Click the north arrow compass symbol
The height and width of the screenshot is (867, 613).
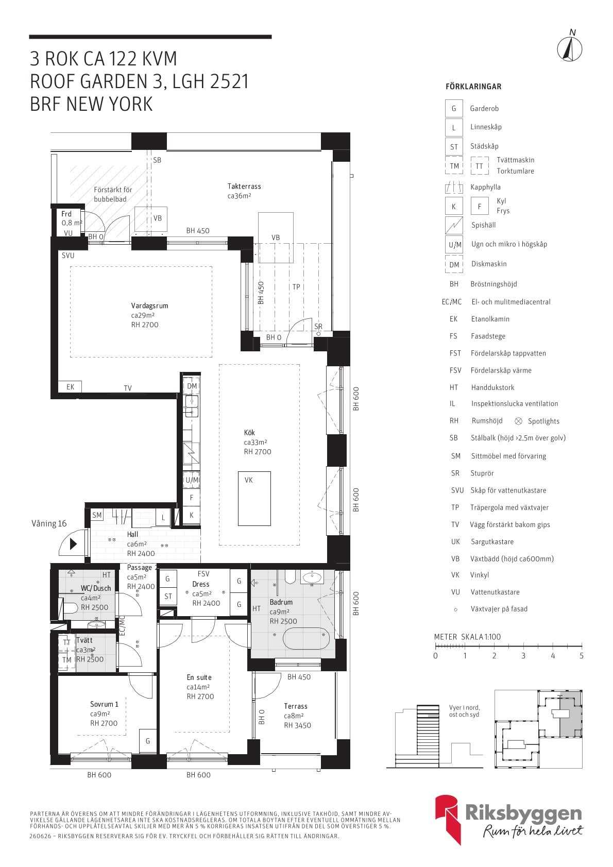pyautogui.click(x=570, y=49)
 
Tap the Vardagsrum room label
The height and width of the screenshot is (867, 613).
pyautogui.click(x=149, y=306)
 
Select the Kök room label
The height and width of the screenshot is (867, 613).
pyautogui.click(x=249, y=432)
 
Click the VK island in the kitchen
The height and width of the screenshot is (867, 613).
pyautogui.click(x=254, y=499)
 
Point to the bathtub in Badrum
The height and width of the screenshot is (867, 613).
pyautogui.click(x=306, y=638)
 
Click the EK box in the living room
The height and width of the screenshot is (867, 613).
pyautogui.click(x=70, y=387)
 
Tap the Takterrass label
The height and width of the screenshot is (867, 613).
pyautogui.click(x=244, y=186)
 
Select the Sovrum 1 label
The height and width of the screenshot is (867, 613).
pyautogui.click(x=104, y=704)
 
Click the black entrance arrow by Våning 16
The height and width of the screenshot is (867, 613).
pyautogui.click(x=73, y=544)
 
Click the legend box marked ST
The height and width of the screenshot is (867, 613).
pyautogui.click(x=454, y=147)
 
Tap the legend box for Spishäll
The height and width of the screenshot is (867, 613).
pyautogui.click(x=454, y=225)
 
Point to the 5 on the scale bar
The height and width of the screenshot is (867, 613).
pyautogui.click(x=581, y=656)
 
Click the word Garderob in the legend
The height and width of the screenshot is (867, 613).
pyautogui.click(x=484, y=108)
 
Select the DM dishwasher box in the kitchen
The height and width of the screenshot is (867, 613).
pyautogui.click(x=192, y=386)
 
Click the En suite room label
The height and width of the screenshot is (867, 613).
pyautogui.click(x=199, y=677)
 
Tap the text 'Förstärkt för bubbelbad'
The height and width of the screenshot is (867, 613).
pyautogui.click(x=113, y=194)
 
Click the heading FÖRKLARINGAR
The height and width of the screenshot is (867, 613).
pyautogui.click(x=473, y=87)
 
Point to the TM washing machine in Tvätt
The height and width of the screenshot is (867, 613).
pyautogui.click(x=66, y=659)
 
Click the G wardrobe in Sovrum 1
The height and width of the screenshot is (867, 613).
pyautogui.click(x=148, y=741)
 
